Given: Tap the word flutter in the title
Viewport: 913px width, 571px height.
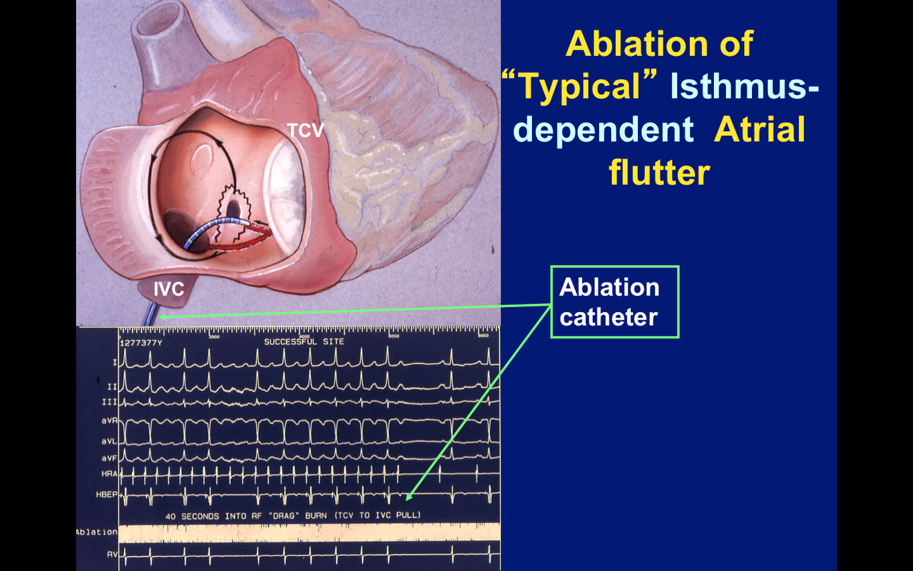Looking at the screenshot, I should tap(659, 173).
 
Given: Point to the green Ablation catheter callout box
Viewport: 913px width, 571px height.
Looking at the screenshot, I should tap(615, 302).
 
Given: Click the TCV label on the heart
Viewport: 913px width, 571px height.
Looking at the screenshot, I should tap(305, 131).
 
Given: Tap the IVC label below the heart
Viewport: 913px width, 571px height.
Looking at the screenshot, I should tap(169, 289).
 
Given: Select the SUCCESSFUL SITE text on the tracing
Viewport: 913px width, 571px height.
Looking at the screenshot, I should tap(304, 342).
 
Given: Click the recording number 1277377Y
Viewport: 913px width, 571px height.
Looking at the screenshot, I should tap(141, 343).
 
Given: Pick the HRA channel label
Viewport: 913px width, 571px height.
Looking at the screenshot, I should tap(109, 474).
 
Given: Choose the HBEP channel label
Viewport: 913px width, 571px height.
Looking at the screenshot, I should tap(107, 494).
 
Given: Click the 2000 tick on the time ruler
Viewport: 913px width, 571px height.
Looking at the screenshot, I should tap(214, 337).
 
